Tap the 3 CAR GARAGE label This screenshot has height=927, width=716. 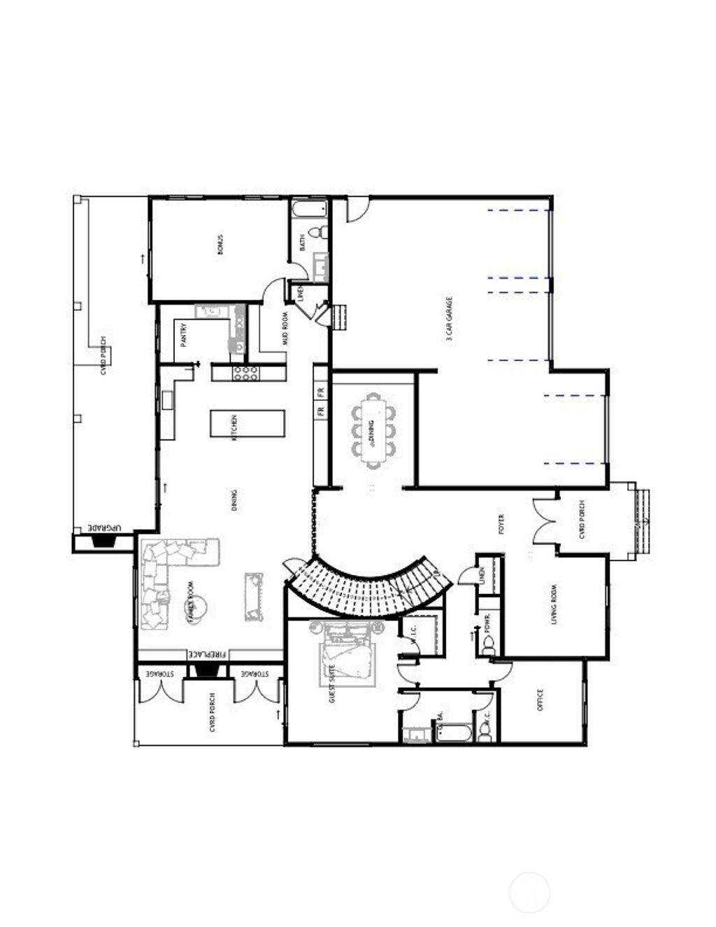pos(450,318)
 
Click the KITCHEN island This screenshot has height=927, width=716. pos(248,424)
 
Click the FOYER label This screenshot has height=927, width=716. pos(501,523)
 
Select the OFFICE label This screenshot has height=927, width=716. pos(540,700)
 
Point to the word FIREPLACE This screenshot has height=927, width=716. pos(208,654)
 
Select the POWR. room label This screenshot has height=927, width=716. pos(487,623)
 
